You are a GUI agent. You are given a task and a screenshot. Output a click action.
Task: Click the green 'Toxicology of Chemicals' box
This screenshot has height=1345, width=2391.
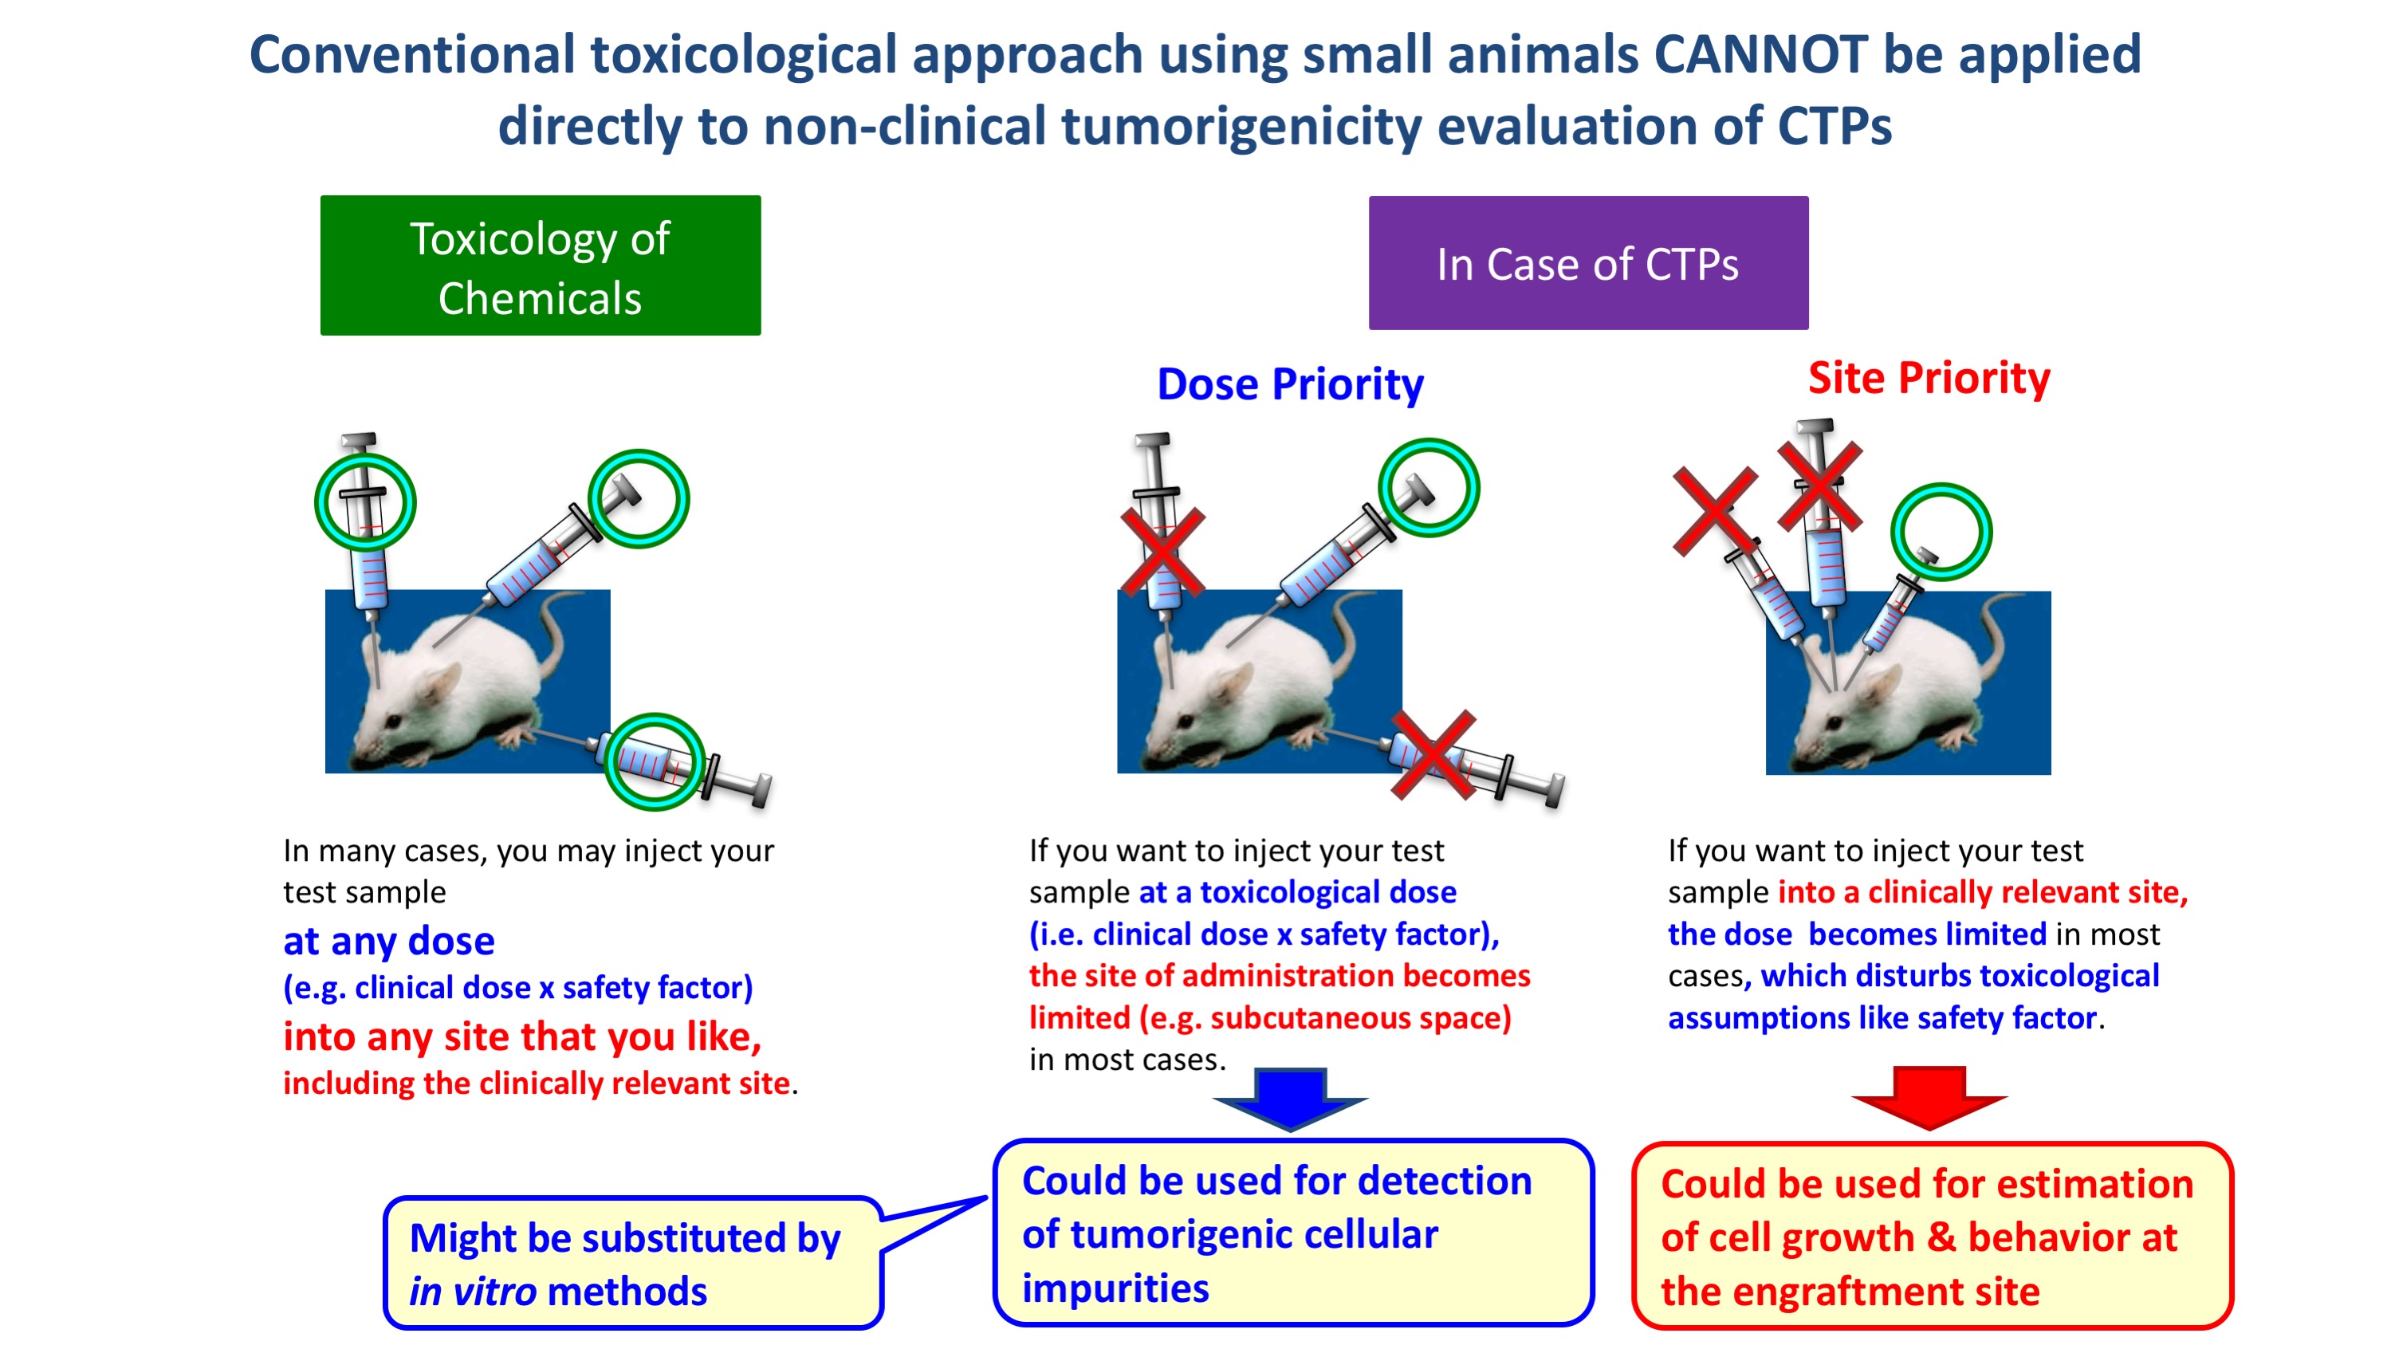pos(541,265)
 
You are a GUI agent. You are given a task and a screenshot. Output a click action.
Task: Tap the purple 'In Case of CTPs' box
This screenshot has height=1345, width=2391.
pos(1588,262)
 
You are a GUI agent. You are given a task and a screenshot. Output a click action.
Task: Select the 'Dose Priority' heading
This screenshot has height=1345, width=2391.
pos(1290,384)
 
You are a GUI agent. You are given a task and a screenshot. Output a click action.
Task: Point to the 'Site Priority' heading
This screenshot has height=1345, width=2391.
pos(1929,378)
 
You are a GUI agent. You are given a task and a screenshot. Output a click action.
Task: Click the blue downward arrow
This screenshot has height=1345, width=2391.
pos(1290,1099)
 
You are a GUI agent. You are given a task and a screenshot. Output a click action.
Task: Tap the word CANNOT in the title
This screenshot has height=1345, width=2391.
pos(1760,54)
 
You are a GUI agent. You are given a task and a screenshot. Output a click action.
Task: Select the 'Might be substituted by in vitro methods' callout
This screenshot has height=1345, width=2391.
pos(633,1262)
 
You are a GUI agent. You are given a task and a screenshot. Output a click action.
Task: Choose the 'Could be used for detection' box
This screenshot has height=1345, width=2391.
pos(1293,1233)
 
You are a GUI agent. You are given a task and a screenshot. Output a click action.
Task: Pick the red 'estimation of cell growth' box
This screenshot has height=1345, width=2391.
pos(1933,1236)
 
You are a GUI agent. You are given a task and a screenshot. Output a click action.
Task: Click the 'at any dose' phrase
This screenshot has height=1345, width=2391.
pos(389,942)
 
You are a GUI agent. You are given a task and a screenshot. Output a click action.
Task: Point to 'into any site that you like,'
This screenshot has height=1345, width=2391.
pos(522,1036)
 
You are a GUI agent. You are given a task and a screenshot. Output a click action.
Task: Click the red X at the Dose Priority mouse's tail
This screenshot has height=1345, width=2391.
pos(1433,755)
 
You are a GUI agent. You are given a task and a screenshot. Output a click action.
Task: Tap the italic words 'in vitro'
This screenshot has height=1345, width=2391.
pos(473,1291)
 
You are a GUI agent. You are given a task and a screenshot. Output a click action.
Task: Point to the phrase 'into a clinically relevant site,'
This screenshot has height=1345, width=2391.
pos(1983,892)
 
